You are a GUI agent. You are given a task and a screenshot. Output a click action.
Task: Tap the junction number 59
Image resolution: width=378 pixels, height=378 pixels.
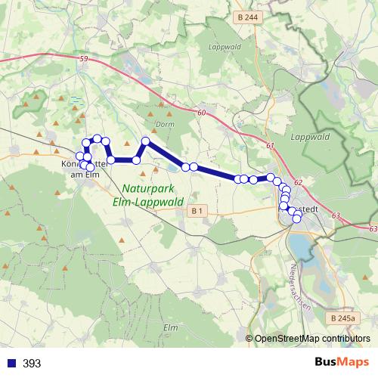[83, 58]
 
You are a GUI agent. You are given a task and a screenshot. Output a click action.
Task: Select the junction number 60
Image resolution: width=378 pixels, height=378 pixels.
[201, 113]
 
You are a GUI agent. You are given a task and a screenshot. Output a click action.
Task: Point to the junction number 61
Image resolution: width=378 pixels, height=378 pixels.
[271, 144]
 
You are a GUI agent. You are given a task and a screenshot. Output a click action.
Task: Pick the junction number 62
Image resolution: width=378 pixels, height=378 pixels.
[298, 183]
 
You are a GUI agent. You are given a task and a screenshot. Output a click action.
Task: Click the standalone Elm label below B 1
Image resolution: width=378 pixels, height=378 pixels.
[170, 327]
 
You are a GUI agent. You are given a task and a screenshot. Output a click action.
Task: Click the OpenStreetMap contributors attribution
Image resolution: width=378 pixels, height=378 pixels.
[312, 338]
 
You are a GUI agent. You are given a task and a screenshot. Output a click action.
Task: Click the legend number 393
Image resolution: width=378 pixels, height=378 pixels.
[32, 364]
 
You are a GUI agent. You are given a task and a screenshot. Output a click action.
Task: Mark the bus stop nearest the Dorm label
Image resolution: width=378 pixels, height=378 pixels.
[146, 141]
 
